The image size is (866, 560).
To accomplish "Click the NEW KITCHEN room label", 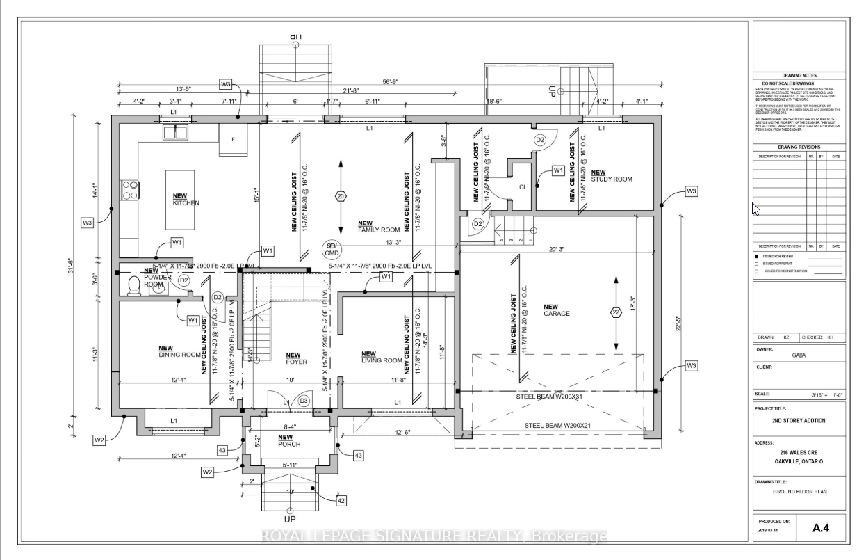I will pos(186,200).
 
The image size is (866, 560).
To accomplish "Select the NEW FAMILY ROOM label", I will pos(379,226).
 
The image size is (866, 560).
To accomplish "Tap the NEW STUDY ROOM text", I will pos(612,176).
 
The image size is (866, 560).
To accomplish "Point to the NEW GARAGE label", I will pos(557,310).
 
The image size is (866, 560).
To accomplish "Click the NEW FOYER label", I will pos(297,358).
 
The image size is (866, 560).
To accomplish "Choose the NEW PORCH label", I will pos(288,440).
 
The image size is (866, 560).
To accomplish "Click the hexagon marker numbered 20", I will pos(341,196).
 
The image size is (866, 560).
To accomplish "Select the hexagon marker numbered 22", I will pos(616,312).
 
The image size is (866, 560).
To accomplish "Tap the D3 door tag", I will pos(304,401).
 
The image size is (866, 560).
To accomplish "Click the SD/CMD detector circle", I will pos(332,249).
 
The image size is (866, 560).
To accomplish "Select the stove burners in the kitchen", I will pos(129,190).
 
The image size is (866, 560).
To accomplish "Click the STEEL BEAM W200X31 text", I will pos(548,397).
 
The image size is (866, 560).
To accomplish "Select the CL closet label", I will pos(523,186).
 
